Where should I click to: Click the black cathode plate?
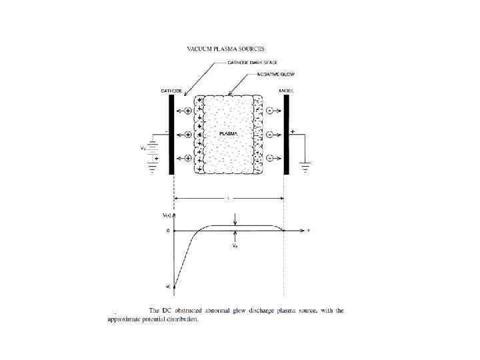coord(171,134)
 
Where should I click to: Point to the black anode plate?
coord(286,134)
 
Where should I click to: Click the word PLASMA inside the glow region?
coord(229,134)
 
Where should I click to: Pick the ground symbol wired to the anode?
coord(306,167)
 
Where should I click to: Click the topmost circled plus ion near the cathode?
coord(188,110)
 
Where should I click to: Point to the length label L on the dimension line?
coord(229,198)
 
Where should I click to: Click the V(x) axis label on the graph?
coord(167,215)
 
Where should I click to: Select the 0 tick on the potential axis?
coord(168,231)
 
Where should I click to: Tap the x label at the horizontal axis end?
coord(309,230)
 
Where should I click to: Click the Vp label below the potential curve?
coord(235,245)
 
